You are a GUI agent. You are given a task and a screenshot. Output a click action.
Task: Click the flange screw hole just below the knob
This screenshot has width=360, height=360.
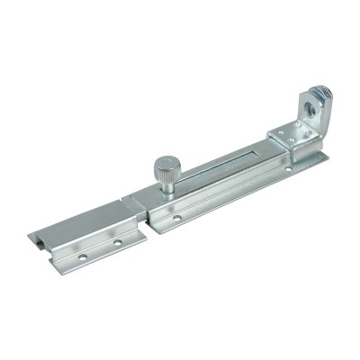[x=176, y=217]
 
